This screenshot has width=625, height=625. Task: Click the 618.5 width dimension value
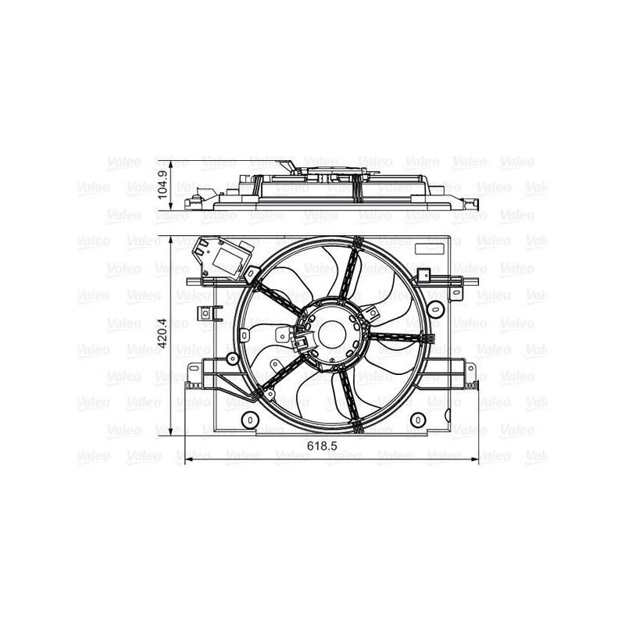point(322,446)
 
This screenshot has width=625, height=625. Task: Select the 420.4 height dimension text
point(162,333)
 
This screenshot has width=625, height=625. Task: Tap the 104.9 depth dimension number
point(162,184)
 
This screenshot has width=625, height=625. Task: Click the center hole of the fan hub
point(334,334)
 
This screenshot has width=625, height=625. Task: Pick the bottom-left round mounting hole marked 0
point(250,420)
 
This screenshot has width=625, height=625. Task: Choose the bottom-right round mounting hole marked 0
point(418,420)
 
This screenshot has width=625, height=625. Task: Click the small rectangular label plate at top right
point(429,248)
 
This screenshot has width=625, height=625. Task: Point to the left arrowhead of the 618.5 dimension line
point(189,459)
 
